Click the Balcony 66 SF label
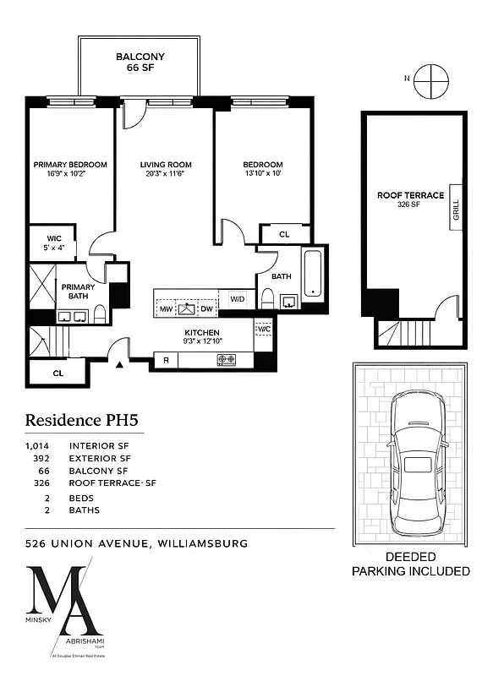[x=140, y=63]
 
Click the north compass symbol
[x=430, y=79]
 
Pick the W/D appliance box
[x=236, y=299]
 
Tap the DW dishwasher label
[x=208, y=309]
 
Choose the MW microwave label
[x=167, y=309]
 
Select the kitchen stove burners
[x=227, y=360]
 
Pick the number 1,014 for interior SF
[x=39, y=445]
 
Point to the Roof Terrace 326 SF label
[x=410, y=199]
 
